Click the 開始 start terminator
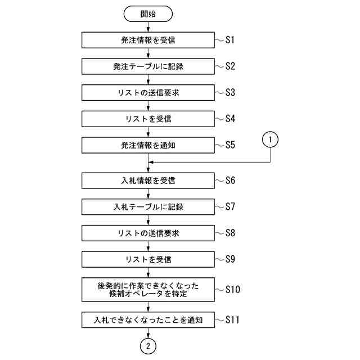coord(148,13)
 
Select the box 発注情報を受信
coord(148,40)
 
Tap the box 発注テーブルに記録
coord(148,66)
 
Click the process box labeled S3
coord(148,92)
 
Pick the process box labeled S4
coord(148,119)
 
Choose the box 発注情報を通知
coord(148,145)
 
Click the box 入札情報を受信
coord(148,181)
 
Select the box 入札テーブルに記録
coord(148,207)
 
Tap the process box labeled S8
coord(148,233)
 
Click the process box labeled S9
coord(148,259)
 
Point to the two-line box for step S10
coord(148,290)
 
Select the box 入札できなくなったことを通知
coord(148,320)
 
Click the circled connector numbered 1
coord(271,138)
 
